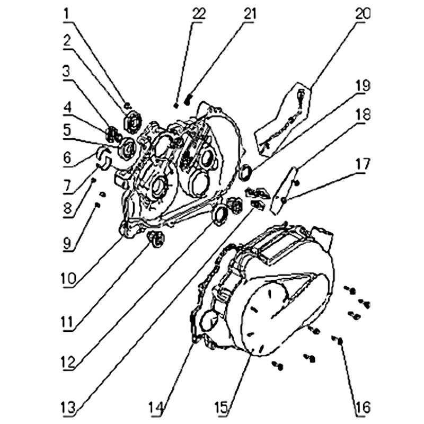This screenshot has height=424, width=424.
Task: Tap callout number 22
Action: [199, 14]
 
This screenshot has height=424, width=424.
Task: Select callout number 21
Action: [249, 14]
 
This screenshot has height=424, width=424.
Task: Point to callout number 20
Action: [363, 14]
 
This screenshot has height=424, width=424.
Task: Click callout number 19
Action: [363, 86]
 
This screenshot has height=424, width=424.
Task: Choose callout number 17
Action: [363, 164]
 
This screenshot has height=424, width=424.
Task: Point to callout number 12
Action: [68, 363]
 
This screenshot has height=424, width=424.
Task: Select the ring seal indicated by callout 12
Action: [220, 215]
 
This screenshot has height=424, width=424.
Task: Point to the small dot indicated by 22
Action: [176, 106]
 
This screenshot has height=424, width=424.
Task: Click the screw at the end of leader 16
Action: [339, 340]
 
